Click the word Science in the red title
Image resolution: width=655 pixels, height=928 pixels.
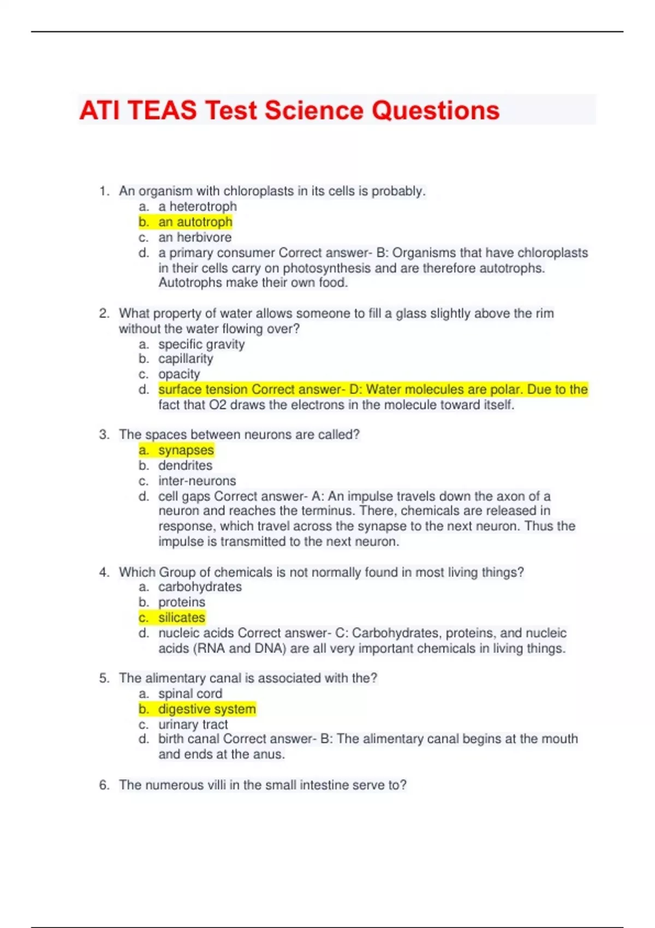pos(314,110)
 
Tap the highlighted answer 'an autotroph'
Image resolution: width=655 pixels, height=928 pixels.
pos(195,222)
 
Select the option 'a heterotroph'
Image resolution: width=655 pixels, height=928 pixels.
pos(197,206)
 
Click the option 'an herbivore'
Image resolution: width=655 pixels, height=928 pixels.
pos(194,237)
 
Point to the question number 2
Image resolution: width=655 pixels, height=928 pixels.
pos(104,313)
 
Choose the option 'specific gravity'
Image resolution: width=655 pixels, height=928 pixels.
pos(201,344)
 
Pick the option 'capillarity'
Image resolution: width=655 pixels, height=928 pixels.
pos(185,359)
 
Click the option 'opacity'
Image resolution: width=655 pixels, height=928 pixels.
pos(179,374)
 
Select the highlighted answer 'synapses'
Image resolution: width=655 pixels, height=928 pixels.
pos(186,450)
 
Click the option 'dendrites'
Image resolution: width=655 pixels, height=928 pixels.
pos(185,466)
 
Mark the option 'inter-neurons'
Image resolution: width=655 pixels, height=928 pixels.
pos(197,481)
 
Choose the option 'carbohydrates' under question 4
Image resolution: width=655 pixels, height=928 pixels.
pos(200,587)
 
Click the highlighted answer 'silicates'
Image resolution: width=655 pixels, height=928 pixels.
pos(181,617)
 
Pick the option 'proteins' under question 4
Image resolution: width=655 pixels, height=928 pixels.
pos(181,602)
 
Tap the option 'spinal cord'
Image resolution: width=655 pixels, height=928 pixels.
pos(190,694)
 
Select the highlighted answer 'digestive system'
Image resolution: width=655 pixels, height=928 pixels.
pos(206,709)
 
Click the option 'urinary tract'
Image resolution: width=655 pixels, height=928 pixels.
pos(193,724)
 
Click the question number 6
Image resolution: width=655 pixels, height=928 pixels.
pos(104,785)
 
